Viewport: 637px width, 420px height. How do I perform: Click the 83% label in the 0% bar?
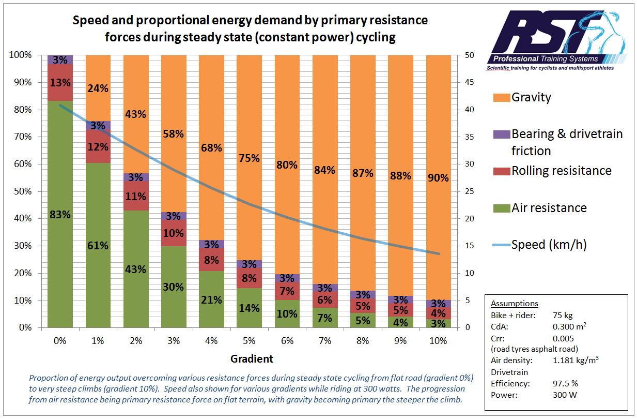point(60,214)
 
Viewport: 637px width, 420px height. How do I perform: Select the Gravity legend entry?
point(531,97)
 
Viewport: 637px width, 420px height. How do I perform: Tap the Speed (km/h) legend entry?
point(549,244)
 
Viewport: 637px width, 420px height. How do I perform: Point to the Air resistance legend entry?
point(549,208)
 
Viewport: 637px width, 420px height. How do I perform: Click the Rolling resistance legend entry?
point(561,171)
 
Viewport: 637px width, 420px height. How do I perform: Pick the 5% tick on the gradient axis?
point(249,341)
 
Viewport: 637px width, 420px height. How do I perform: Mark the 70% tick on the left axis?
point(21,137)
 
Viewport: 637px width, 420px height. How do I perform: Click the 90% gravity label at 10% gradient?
point(439,178)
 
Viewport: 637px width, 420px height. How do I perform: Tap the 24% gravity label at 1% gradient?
point(98,88)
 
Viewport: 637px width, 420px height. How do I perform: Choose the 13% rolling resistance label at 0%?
point(60,83)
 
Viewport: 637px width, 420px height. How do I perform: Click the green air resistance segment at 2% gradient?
point(136,269)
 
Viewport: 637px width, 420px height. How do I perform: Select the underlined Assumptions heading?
point(514,304)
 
